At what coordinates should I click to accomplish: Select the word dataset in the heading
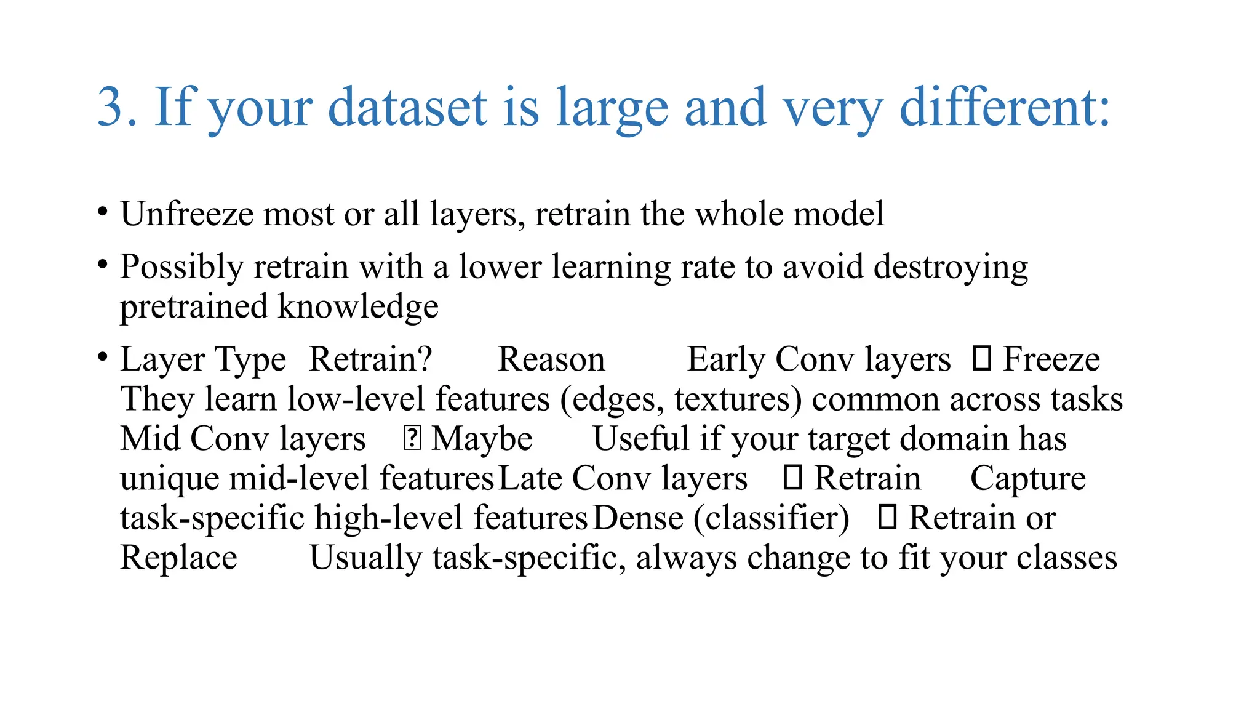coord(408,108)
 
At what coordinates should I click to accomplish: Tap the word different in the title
coord(1004,108)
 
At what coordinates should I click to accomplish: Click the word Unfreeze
coord(187,214)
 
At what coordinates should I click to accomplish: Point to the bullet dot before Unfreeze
coord(103,212)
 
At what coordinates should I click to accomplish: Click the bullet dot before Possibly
coord(103,265)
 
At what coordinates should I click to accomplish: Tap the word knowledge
coord(358,306)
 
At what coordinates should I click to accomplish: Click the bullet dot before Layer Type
coord(103,357)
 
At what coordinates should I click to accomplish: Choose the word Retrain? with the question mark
coord(370,359)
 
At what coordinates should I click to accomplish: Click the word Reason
coord(551,359)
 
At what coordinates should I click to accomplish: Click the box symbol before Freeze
coord(981,359)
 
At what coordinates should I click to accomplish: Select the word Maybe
coord(482,439)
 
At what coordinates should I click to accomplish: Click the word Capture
coord(1027,479)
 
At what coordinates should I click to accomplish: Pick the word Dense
coord(638,518)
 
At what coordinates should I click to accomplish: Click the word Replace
coord(178,558)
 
